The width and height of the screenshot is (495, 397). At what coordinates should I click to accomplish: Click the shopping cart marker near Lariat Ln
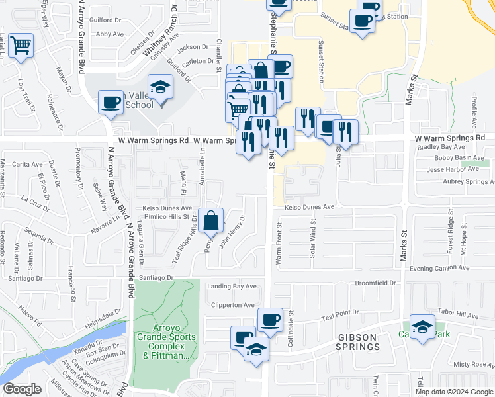coord(21,46)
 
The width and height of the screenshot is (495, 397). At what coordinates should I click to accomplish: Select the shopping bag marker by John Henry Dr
coord(211,220)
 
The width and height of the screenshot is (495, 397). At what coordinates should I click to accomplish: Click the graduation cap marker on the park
coord(422,326)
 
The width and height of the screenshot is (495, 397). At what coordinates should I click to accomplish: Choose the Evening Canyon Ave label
coord(439,268)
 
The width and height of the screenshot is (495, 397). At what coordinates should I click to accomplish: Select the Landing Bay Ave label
coord(232,287)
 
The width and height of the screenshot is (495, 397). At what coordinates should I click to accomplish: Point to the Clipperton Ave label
coord(232,305)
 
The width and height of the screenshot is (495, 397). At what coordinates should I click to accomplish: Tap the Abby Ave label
coord(110,34)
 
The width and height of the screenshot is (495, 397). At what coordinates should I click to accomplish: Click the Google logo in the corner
coord(22,389)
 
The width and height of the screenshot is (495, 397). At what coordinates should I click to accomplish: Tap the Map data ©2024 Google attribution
coord(453,392)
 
